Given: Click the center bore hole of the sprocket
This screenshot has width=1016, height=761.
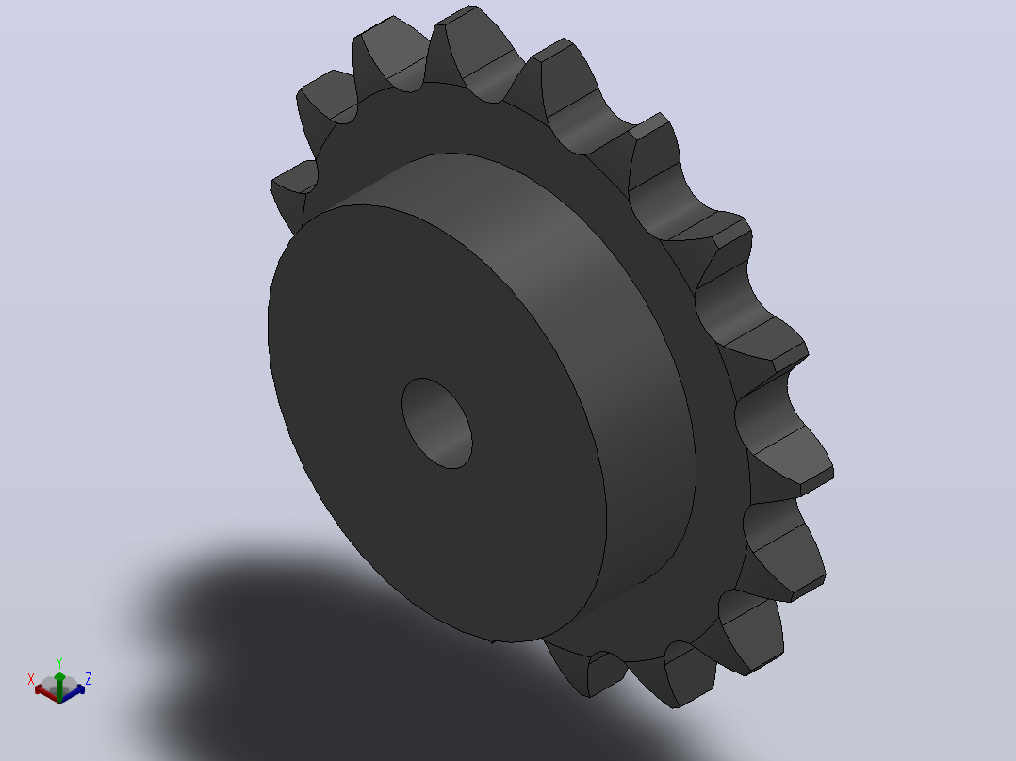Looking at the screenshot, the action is [436, 423].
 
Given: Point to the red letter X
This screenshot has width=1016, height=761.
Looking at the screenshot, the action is [30, 679].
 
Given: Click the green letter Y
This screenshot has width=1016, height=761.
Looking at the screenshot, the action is [59, 662].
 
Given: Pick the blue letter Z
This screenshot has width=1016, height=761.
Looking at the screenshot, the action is [89, 679].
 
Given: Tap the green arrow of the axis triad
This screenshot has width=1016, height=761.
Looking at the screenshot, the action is [59, 686].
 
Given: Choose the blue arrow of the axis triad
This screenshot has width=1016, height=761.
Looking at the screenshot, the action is [74, 691].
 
